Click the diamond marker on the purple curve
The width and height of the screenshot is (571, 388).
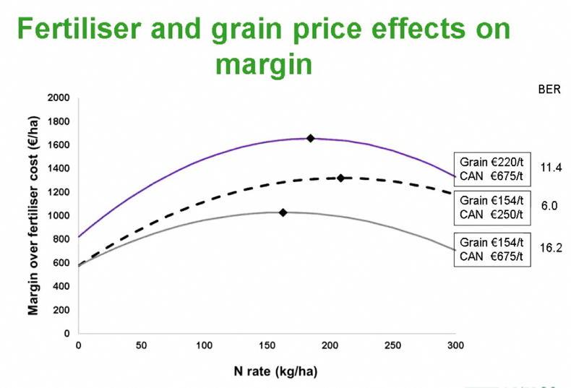pyautogui.click(x=311, y=138)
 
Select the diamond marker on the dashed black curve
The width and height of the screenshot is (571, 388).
pyautogui.click(x=340, y=178)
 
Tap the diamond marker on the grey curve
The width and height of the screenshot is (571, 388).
pyautogui.click(x=283, y=212)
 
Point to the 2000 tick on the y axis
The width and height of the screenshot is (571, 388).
pyautogui.click(x=62, y=98)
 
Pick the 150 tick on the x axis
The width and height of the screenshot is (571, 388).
pyautogui.click(x=267, y=345)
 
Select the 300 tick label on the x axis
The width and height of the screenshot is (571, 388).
pyautogui.click(x=455, y=345)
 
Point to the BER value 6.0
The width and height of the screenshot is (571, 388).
pyautogui.click(x=549, y=206)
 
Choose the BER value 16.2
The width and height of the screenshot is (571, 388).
pyautogui.click(x=550, y=246)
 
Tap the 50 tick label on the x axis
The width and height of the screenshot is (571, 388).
pyautogui.click(x=141, y=345)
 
